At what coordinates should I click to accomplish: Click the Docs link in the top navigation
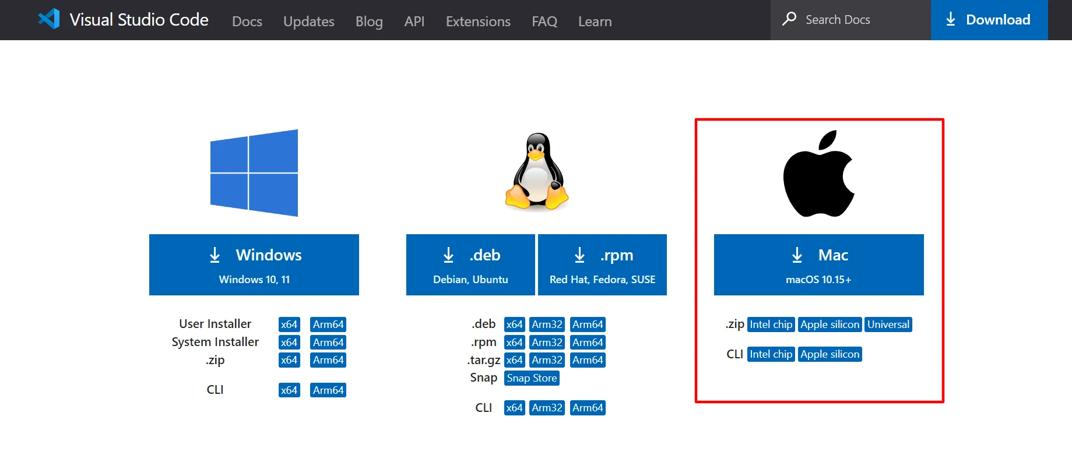247,22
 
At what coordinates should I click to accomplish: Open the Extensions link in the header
478,22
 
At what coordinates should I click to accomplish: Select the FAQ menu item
544,22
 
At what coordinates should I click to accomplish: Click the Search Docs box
850,20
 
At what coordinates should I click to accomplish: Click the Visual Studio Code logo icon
49,19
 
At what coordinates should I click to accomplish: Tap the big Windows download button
254,264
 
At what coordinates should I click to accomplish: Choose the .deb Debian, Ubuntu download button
470,264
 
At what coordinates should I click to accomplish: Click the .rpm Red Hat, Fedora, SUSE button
602,264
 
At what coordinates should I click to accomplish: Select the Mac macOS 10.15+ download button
819,264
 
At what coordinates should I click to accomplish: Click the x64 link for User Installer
289,325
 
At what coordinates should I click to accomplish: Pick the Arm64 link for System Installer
328,343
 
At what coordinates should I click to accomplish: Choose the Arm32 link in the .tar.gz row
547,360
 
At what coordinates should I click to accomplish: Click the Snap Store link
532,378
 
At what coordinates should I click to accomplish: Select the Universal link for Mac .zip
888,325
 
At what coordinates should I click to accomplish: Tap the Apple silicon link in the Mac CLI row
830,354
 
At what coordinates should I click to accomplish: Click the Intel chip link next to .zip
771,325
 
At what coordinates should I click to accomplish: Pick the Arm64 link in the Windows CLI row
328,390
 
